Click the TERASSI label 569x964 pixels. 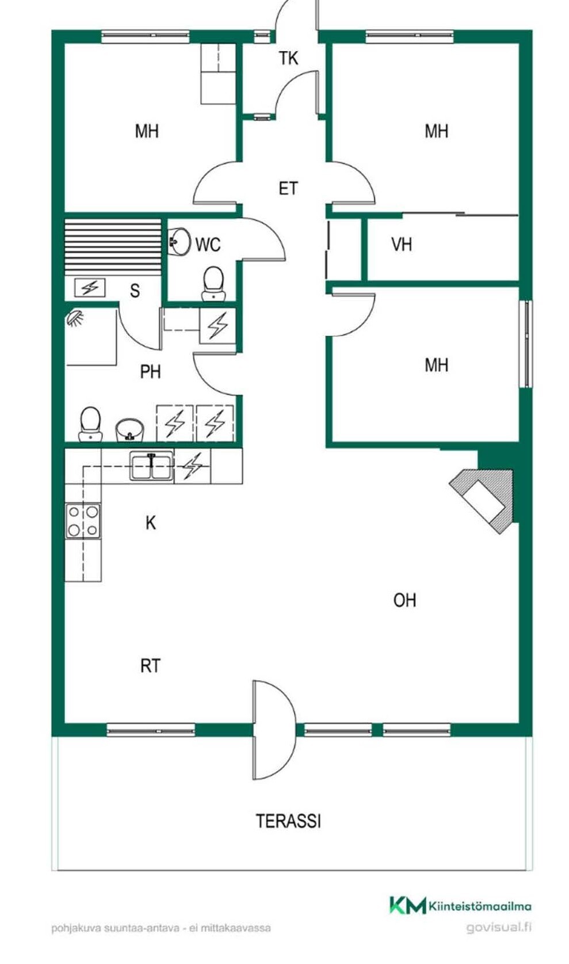(x=289, y=821)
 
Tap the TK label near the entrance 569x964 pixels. (x=288, y=58)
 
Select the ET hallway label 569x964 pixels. (x=288, y=188)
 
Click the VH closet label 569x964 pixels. (x=402, y=245)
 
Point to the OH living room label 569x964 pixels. (x=404, y=600)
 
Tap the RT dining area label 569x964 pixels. (x=150, y=666)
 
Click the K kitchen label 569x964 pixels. (x=151, y=523)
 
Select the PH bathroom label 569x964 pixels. (x=151, y=371)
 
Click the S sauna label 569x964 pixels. (x=135, y=291)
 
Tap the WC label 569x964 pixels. (x=208, y=245)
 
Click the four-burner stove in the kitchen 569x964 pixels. (x=83, y=521)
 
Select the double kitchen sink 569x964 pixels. (x=152, y=465)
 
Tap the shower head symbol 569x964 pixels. (x=75, y=318)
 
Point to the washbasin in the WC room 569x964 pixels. (x=180, y=241)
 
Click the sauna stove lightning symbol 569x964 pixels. (x=90, y=288)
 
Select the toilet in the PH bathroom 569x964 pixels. (x=90, y=424)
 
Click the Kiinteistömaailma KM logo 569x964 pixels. (x=460, y=905)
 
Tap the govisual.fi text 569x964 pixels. (x=499, y=927)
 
